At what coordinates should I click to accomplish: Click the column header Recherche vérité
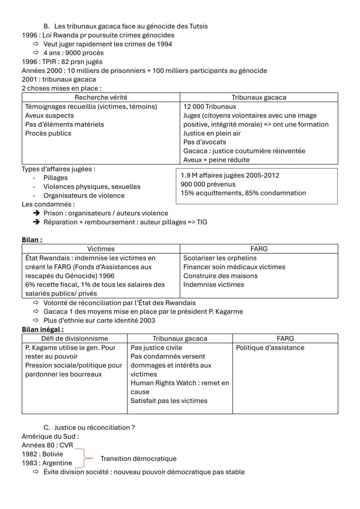[101, 97]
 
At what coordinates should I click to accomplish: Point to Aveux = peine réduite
[216, 160]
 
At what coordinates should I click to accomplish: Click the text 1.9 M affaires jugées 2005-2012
[230, 175]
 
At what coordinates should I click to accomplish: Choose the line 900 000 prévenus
[208, 184]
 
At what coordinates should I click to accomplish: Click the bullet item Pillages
[55, 178]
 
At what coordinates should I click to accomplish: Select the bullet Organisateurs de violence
[83, 196]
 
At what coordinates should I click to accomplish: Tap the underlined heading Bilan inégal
[43, 329]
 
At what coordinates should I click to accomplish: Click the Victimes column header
[101, 249]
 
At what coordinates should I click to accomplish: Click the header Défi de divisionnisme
[74, 338]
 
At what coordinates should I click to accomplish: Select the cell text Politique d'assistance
[270, 347]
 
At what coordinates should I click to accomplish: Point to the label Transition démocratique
[138, 459]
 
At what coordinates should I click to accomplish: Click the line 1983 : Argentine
[47, 463]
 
